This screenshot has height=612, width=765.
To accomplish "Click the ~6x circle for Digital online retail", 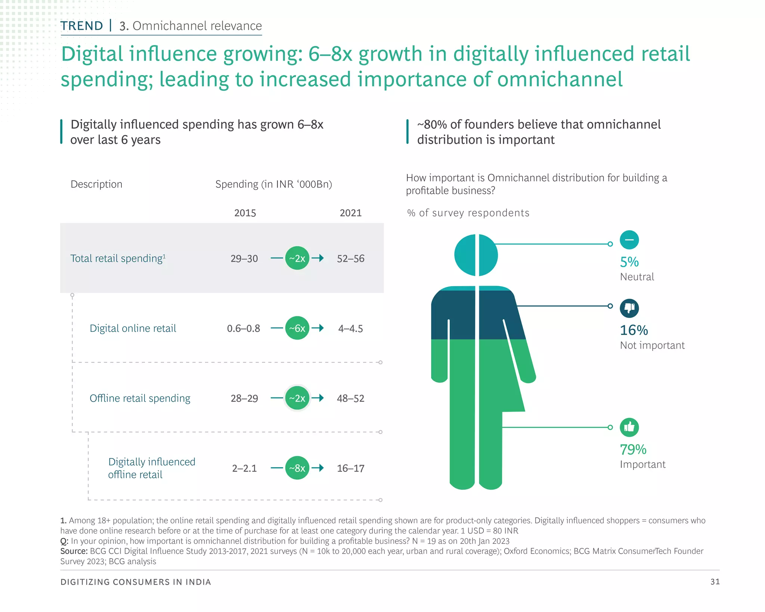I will pyautogui.click(x=297, y=328).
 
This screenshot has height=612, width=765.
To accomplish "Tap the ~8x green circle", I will pyautogui.click(x=297, y=468).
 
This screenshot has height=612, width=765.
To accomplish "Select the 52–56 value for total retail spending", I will pyautogui.click(x=350, y=259).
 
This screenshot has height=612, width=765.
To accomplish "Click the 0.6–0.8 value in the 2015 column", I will pyautogui.click(x=244, y=328).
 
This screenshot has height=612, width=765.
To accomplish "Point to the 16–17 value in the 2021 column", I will pyautogui.click(x=350, y=468).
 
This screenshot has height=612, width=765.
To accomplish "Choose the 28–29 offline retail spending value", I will pyautogui.click(x=244, y=398).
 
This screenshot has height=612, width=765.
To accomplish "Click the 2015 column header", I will pyautogui.click(x=245, y=213).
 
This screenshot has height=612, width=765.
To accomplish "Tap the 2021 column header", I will pyautogui.click(x=350, y=213).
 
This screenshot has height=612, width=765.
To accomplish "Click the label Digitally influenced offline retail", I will pyautogui.click(x=151, y=468).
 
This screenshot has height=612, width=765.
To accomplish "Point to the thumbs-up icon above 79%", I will pyautogui.click(x=629, y=427).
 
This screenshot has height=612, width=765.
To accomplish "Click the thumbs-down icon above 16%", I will pyautogui.click(x=629, y=308).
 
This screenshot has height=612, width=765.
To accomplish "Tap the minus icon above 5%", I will pyautogui.click(x=629, y=240).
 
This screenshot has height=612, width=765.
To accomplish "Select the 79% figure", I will pyautogui.click(x=633, y=449).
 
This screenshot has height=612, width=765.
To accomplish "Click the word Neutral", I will pyautogui.click(x=637, y=277).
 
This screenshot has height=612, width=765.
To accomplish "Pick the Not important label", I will pyautogui.click(x=652, y=345).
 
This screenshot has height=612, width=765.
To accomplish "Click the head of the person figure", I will pyautogui.click(x=476, y=255).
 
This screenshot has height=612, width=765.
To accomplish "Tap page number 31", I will pyautogui.click(x=715, y=582).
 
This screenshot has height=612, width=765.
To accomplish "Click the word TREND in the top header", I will pyautogui.click(x=82, y=26).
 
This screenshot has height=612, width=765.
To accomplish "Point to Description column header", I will pyautogui.click(x=96, y=184).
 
